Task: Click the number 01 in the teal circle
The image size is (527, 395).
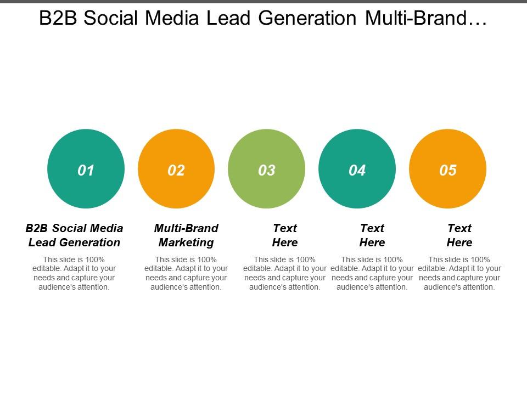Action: tap(86, 170)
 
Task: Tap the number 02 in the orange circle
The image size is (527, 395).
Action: tap(176, 170)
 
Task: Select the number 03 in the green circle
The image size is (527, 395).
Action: tap(267, 170)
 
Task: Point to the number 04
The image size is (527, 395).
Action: tap(357, 170)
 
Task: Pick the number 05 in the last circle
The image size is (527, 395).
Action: tap(448, 170)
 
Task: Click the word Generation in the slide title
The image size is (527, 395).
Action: tap(307, 18)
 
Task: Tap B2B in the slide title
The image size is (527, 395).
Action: tap(58, 18)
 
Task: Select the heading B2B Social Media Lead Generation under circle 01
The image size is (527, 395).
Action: tap(74, 235)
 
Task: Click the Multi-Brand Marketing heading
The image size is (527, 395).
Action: tap(186, 235)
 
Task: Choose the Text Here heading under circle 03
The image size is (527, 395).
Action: tap(285, 235)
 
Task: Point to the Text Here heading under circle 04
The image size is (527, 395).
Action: tap(372, 235)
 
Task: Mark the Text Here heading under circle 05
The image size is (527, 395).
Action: tap(459, 235)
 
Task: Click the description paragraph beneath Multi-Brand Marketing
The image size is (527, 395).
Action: tap(186, 273)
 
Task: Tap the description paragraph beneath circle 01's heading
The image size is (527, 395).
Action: tap(74, 273)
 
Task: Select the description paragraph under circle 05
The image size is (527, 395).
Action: tap(459, 273)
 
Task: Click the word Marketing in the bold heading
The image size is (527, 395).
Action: tap(186, 242)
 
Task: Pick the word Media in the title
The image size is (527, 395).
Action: tap(172, 18)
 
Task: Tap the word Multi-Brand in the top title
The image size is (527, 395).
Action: tap(416, 18)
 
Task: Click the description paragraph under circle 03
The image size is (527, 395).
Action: tap(285, 273)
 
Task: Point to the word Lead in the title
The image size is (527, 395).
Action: tap(228, 18)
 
